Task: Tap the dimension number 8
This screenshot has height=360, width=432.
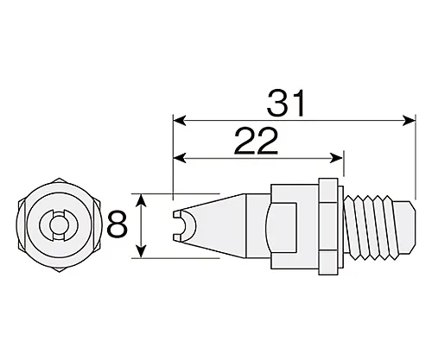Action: tap(119, 226)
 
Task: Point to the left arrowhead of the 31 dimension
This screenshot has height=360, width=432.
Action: tap(179, 119)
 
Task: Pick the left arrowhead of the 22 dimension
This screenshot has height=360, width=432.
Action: tap(179, 158)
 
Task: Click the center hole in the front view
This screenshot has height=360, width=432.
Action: tap(57, 226)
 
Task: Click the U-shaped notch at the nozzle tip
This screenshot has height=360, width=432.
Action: tap(184, 226)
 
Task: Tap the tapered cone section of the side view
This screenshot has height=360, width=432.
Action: tap(216, 226)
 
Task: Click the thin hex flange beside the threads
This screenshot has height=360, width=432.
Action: tap(329, 226)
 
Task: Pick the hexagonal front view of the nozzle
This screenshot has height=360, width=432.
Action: tap(57, 226)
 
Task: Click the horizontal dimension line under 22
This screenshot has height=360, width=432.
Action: tap(259, 158)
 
